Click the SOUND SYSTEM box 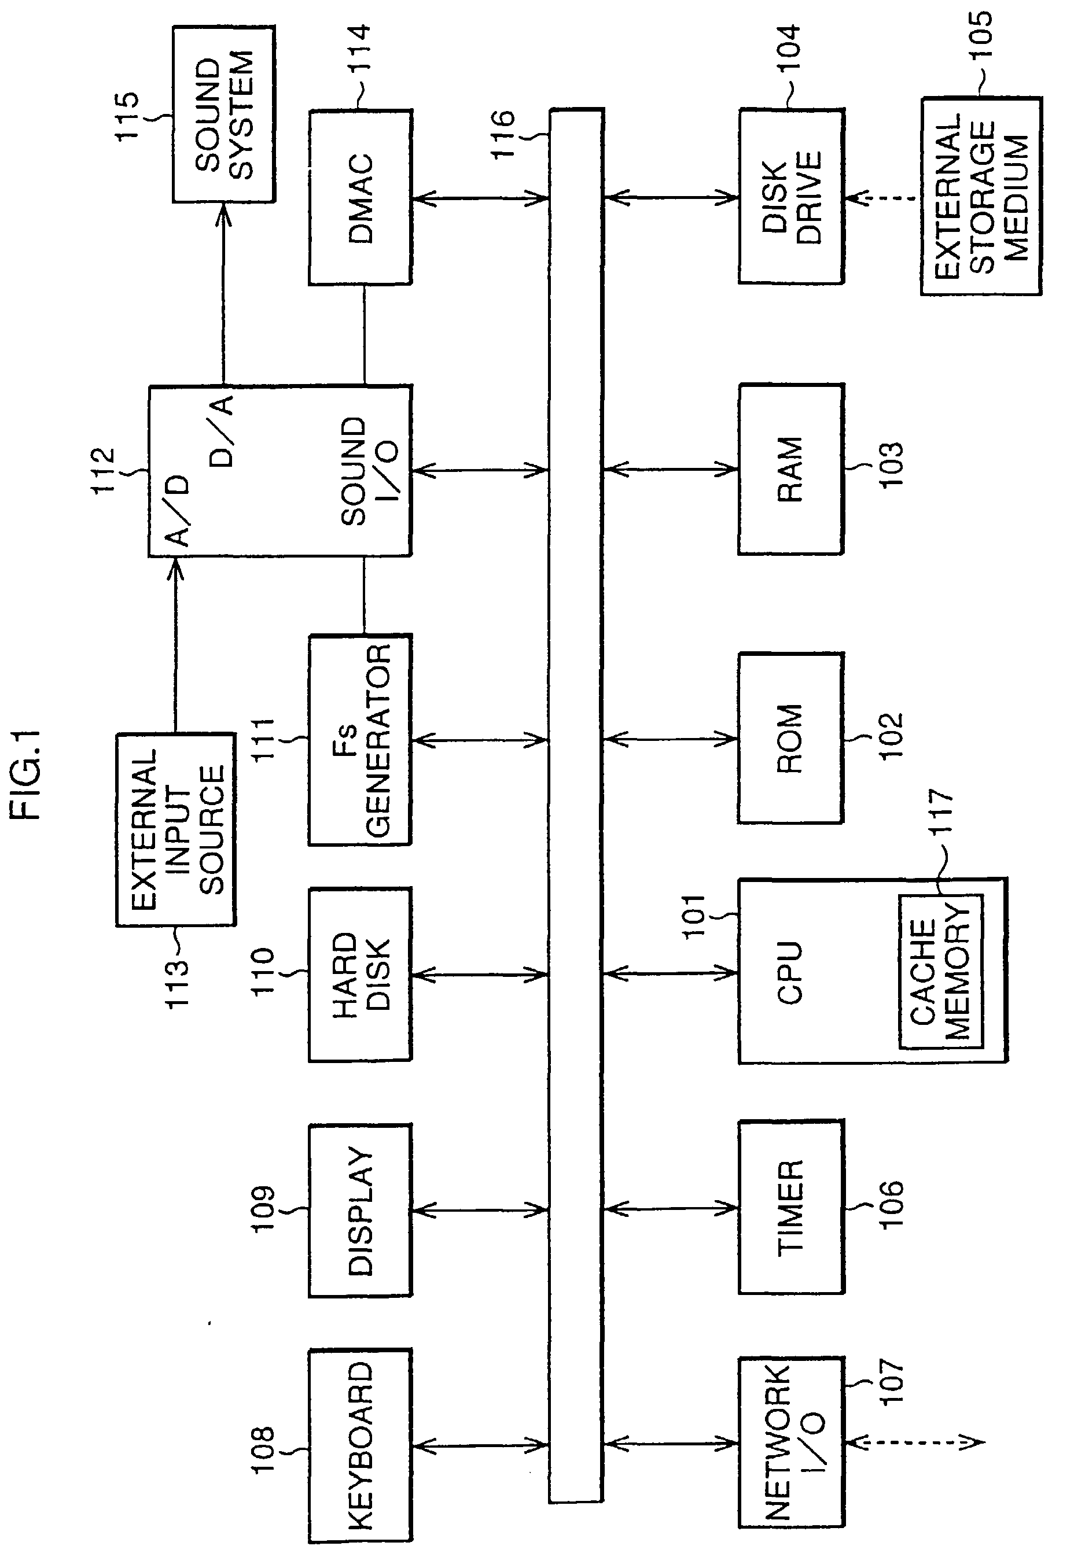point(223,114)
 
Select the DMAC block point(361,197)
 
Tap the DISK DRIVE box point(792,197)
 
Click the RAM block point(790,470)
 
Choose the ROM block point(790,738)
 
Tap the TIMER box point(792,1208)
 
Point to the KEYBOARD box point(361,1445)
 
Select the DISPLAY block point(361,1210)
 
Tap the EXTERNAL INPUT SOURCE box point(176,830)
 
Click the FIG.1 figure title point(28,776)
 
